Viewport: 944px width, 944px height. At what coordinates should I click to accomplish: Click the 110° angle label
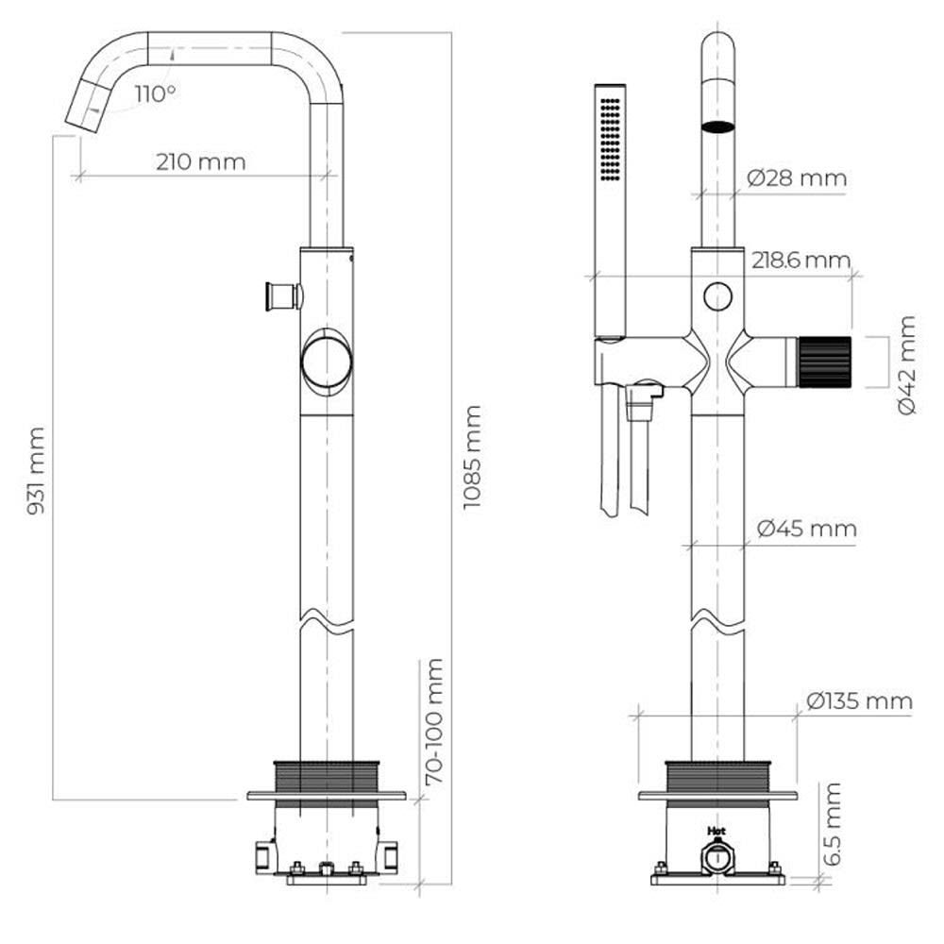(x=155, y=93)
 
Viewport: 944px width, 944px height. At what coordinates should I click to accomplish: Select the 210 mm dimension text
(x=200, y=162)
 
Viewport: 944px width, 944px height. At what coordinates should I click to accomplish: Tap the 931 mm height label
(x=36, y=471)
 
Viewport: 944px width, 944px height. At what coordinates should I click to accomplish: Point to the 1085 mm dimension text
(x=472, y=457)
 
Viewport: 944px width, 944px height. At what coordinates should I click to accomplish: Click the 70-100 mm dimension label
(x=434, y=721)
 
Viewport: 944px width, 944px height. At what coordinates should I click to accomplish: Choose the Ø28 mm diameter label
(x=796, y=177)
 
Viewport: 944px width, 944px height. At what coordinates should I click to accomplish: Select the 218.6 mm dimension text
(x=801, y=261)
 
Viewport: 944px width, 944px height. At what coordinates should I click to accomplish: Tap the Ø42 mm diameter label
(x=906, y=364)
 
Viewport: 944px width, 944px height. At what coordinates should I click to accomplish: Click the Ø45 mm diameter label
(x=806, y=529)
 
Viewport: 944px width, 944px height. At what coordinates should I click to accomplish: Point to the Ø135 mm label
(x=859, y=700)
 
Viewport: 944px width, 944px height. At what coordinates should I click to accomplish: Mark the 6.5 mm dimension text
(x=832, y=823)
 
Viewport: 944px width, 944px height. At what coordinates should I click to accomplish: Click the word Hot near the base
(x=716, y=831)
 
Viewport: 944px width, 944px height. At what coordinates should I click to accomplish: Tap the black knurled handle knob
(x=824, y=362)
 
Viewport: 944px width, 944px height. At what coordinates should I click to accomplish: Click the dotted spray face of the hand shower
(x=611, y=139)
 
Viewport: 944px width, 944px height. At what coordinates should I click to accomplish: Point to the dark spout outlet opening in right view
(x=718, y=126)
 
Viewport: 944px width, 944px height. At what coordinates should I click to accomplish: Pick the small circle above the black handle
(x=717, y=296)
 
